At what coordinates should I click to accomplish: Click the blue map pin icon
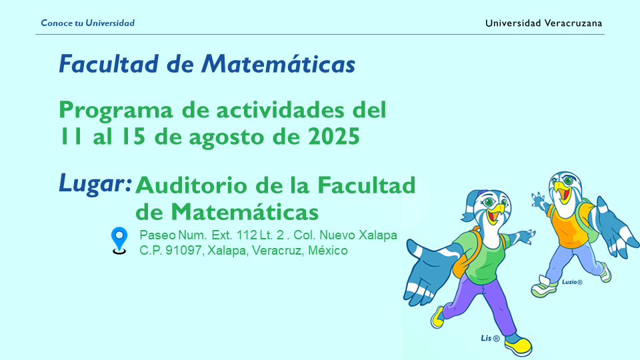point(119,241)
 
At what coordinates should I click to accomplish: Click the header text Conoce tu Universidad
point(88,23)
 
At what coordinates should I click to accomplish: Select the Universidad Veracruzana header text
point(544,23)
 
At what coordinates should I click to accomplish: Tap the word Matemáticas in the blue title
point(279,64)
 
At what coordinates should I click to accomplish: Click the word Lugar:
point(95,184)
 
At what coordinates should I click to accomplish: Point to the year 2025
point(334,136)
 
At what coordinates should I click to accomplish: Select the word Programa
point(116,111)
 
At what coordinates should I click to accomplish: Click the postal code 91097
point(184,250)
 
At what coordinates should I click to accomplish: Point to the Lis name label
point(490,338)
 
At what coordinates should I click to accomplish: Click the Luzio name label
point(572,281)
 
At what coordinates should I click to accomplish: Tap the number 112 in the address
point(247,235)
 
